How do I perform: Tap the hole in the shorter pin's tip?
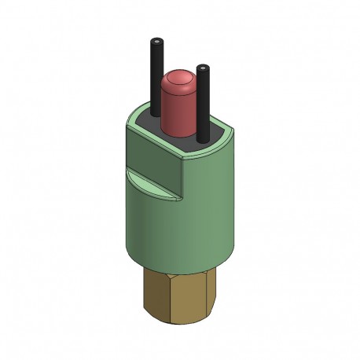click(203, 68)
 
